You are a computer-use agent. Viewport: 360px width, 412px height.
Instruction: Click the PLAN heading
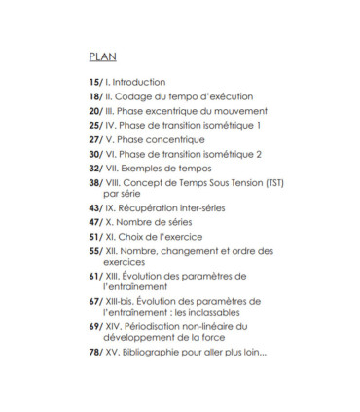pyautogui.click(x=102, y=56)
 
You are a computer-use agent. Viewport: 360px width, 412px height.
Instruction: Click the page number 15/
pyautogui.click(x=95, y=82)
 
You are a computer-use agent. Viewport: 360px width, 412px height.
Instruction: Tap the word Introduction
pyautogui.click(x=139, y=82)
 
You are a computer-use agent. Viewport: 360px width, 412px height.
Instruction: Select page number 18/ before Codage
pyautogui.click(x=95, y=96)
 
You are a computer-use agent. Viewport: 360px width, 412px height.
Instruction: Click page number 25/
pyautogui.click(x=95, y=126)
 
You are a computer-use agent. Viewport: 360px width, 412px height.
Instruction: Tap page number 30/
pyautogui.click(x=95, y=154)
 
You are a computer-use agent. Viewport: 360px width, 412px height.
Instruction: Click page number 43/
pyautogui.click(x=95, y=208)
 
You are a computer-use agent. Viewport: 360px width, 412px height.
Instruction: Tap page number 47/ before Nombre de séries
pyautogui.click(x=95, y=222)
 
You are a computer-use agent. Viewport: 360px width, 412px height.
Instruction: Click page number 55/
pyautogui.click(x=95, y=251)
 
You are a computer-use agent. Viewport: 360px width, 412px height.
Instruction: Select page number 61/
pyautogui.click(x=95, y=277)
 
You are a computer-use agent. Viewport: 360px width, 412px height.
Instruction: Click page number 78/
pyautogui.click(x=95, y=352)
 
